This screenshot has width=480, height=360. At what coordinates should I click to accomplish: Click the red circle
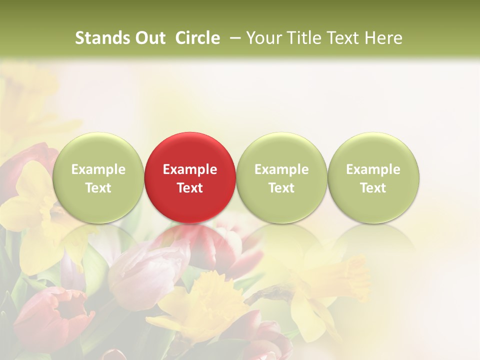189,177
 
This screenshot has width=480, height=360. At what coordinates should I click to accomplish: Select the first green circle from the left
98,177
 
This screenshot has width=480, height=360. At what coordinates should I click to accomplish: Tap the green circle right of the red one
281,177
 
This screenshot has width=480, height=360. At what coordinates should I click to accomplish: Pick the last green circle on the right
373,177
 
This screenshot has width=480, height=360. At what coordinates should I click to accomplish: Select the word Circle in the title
197,38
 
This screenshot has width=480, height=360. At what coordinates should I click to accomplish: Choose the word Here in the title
383,38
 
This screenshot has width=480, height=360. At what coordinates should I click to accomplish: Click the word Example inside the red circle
190,169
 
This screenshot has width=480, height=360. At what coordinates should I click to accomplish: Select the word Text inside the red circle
190,188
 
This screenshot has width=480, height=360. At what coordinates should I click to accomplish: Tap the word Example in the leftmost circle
98,169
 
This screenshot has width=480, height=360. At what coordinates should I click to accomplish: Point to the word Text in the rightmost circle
373,188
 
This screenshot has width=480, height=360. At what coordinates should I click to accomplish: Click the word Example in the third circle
281,169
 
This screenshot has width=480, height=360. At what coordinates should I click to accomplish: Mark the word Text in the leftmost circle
98,188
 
